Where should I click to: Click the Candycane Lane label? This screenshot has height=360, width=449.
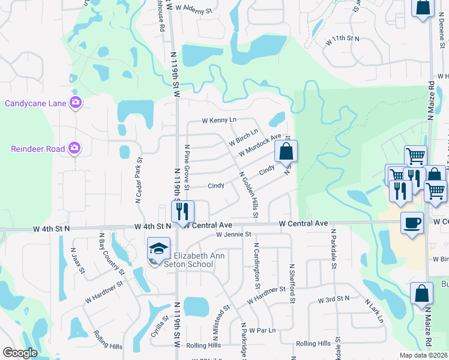(x=35, y=103)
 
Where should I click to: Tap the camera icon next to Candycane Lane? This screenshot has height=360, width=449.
(x=76, y=103)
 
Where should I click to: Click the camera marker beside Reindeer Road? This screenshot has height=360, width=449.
(x=74, y=148)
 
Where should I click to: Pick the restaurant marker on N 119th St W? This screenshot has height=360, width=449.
(x=182, y=211)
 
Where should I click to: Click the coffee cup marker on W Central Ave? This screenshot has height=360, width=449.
(x=412, y=223)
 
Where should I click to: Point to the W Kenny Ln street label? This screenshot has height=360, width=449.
(x=219, y=121)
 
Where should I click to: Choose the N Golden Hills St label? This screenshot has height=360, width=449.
(x=249, y=195)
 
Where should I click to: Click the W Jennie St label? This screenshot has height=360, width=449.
(x=228, y=234)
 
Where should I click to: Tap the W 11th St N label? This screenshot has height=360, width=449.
(x=342, y=38)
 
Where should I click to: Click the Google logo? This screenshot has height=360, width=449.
(x=20, y=353)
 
